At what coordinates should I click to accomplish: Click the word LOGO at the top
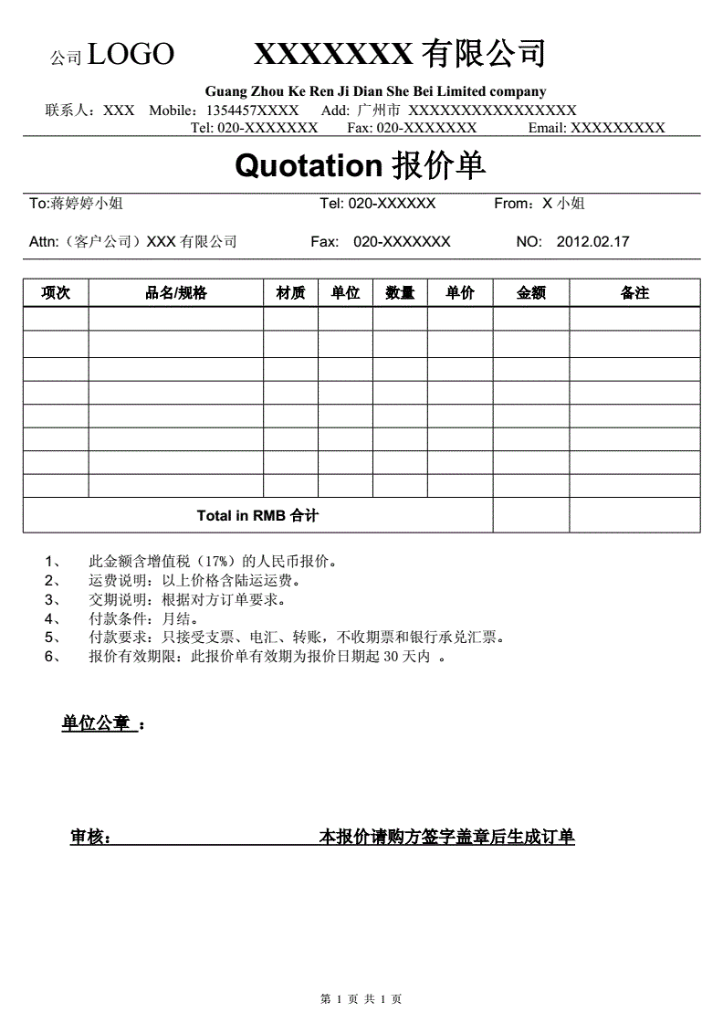[x=131, y=55]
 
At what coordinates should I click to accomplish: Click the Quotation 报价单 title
[x=361, y=165]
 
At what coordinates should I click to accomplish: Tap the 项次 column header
[x=56, y=293]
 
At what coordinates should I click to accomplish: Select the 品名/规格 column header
[x=176, y=293]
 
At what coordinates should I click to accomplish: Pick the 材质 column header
[x=291, y=293]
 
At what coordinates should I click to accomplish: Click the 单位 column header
[x=345, y=293]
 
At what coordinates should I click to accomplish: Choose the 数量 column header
[x=400, y=293]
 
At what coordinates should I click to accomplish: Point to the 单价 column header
[x=460, y=293]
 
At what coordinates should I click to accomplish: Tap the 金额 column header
[x=531, y=293]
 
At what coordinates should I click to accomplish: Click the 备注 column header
[x=634, y=293]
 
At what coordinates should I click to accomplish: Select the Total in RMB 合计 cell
[x=257, y=515]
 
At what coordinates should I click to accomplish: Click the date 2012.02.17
[x=592, y=242]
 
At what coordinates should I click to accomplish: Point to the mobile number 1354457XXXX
[x=253, y=111]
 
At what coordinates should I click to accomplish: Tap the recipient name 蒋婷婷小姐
[x=87, y=204]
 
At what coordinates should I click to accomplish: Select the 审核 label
[x=89, y=837]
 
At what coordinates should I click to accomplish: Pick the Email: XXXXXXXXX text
[x=596, y=128]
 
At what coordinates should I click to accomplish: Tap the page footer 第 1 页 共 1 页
[x=361, y=999]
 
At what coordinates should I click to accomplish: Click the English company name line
[x=375, y=91]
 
